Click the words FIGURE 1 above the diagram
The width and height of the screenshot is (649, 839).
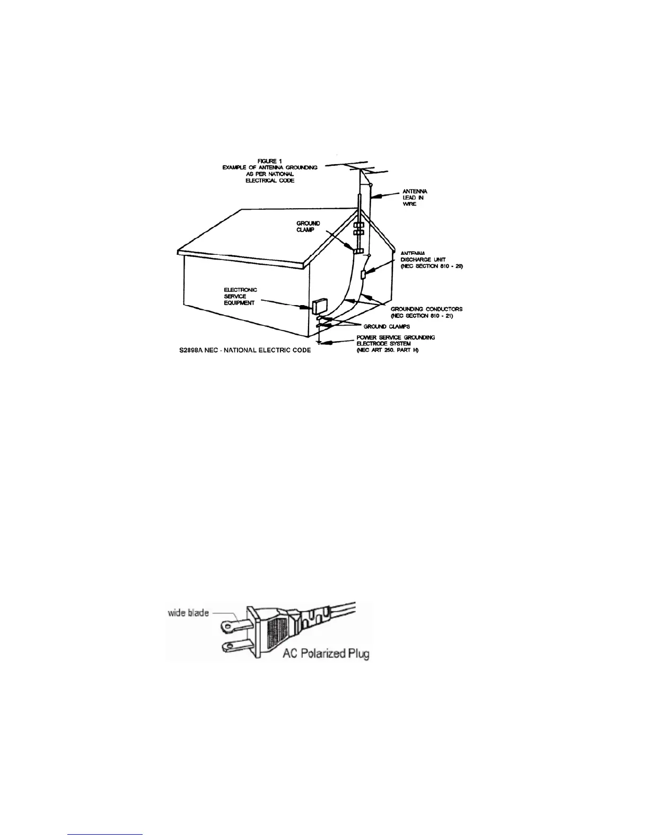269,160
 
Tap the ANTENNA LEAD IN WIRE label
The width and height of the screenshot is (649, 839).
415,197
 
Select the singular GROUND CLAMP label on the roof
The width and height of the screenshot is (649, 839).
308,227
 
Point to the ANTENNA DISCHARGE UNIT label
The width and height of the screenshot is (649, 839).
432,260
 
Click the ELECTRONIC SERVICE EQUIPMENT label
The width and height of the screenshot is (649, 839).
241,296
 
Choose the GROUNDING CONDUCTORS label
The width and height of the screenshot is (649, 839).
426,309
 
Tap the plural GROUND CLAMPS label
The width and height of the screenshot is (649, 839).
387,326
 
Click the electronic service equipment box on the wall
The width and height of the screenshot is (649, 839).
320,306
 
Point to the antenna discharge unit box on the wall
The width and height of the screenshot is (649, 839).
364,275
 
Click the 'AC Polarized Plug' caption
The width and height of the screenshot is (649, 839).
326,653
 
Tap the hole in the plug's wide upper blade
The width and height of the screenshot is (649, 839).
228,626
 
